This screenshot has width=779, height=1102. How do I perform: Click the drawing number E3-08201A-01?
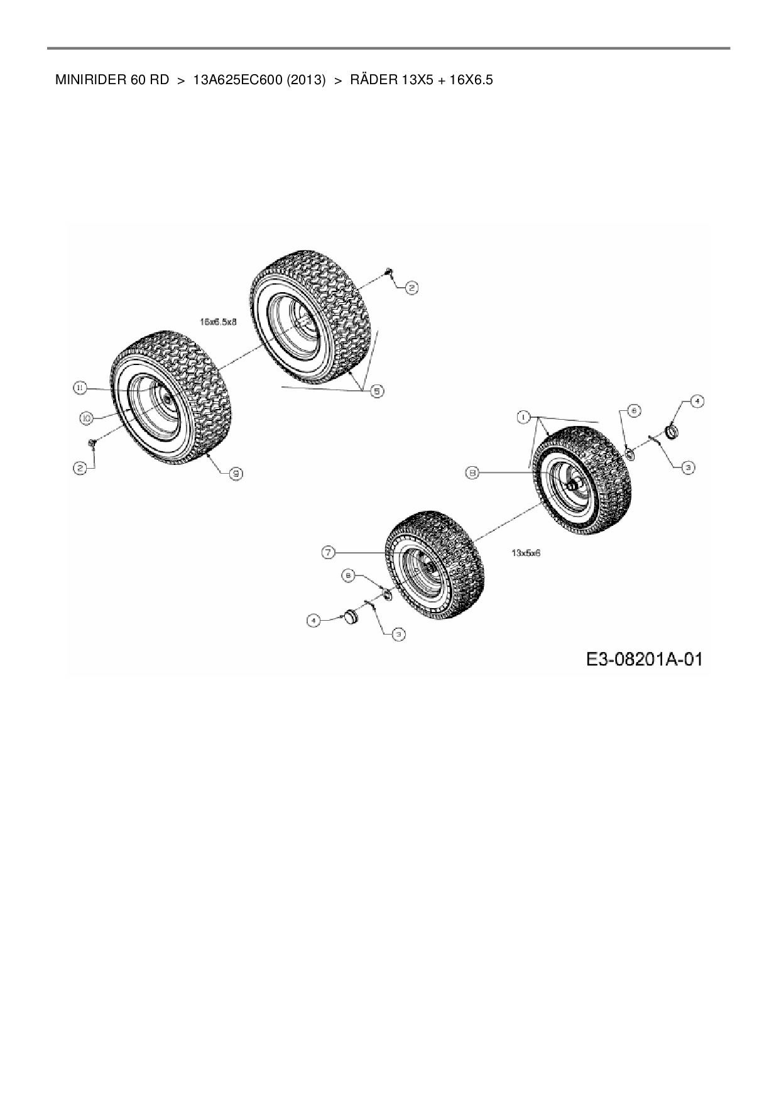(644, 660)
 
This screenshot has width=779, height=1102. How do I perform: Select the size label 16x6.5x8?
(218, 322)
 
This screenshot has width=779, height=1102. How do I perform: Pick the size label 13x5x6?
(526, 554)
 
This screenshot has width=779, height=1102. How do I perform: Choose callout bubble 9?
(236, 474)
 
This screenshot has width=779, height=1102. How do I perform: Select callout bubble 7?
(329, 552)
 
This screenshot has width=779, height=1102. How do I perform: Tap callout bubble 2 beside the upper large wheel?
(411, 288)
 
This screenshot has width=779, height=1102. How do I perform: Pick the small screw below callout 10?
(92, 444)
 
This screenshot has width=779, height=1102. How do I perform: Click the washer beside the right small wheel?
(629, 453)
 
